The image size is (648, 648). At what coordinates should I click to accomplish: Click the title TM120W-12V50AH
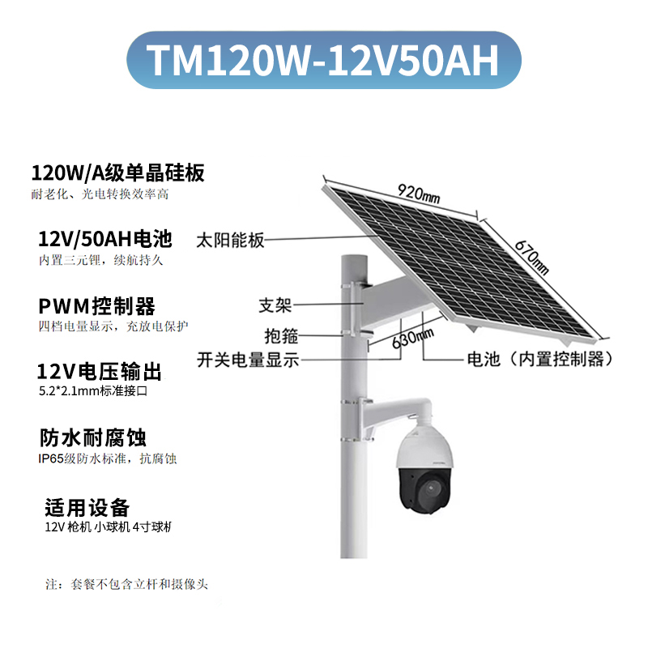point(323,59)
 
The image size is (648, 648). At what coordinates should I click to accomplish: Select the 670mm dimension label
point(530,254)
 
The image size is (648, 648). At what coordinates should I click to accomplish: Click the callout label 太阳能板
point(231,241)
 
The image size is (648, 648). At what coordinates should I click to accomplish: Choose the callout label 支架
point(275,305)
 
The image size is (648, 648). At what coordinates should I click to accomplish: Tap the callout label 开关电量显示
point(248,360)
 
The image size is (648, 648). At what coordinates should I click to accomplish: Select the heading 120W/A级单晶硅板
point(117,173)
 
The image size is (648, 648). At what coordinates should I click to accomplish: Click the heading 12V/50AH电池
point(105,239)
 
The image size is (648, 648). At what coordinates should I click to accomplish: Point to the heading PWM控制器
point(96,306)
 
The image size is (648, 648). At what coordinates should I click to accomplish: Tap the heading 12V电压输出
point(100,372)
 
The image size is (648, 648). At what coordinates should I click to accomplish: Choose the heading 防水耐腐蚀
point(92,438)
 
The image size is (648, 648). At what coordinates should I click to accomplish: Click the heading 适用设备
point(87,508)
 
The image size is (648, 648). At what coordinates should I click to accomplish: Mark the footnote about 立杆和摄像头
point(130,584)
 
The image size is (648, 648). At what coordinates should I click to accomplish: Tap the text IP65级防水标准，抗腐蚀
point(108,458)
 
